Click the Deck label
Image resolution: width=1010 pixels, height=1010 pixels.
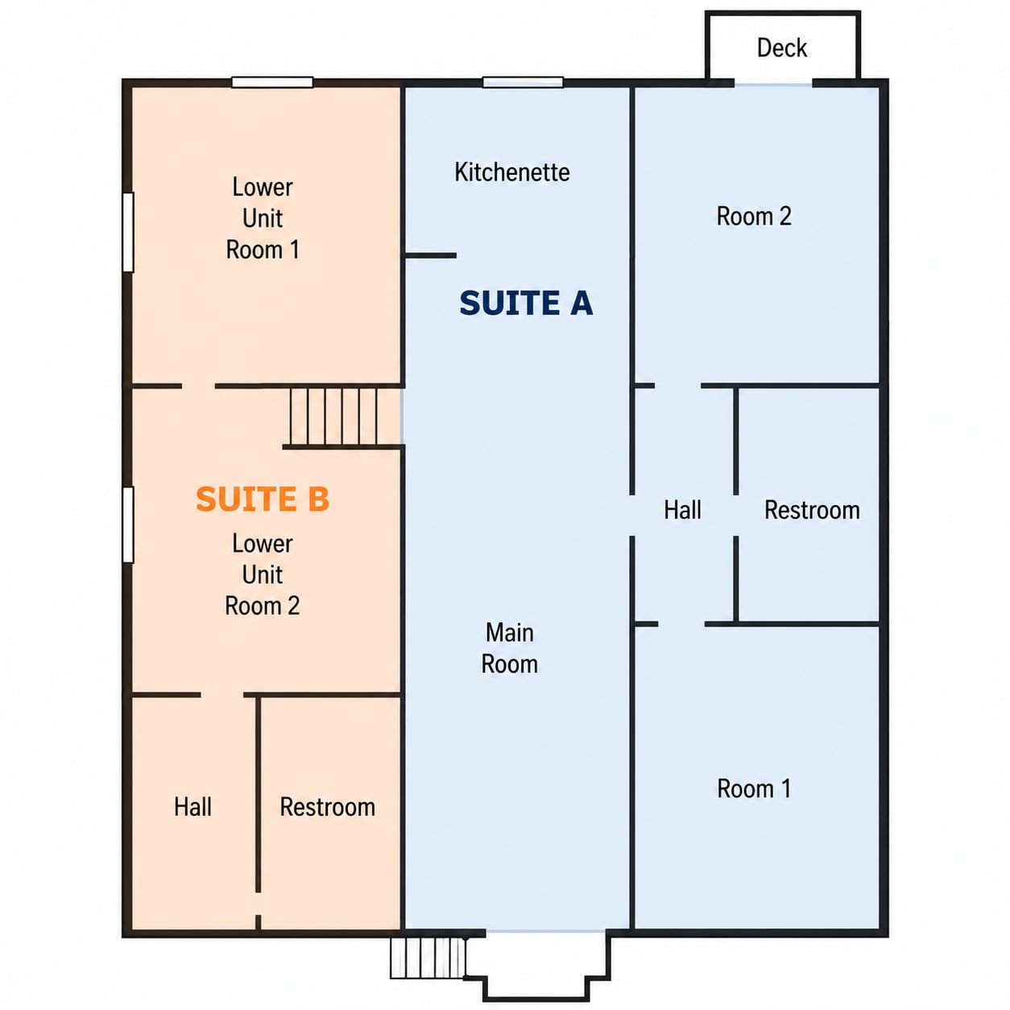781,48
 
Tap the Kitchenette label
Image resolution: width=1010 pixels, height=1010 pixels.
511,172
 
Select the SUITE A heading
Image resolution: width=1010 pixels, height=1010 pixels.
526,303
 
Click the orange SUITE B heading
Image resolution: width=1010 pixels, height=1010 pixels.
262,499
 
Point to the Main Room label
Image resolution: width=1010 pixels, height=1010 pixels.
510,648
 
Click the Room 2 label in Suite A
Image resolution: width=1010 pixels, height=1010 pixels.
754,216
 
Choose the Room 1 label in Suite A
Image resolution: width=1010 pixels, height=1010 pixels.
754,789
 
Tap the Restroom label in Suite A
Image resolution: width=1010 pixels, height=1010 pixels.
812,510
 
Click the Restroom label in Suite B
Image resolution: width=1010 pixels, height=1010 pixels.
328,807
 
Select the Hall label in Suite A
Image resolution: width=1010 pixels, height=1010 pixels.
682,510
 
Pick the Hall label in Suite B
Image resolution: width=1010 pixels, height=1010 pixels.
192,807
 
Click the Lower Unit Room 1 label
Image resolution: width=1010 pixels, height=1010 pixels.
262,218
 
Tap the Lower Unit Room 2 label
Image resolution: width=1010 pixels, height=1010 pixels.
262,574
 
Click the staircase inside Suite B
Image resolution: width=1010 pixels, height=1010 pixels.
334,416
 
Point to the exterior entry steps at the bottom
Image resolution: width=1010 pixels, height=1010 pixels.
428,958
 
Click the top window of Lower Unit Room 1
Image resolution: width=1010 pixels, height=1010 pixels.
272,82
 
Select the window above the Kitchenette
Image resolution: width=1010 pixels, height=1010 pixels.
523,82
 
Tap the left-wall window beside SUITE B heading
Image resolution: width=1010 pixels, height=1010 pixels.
128,524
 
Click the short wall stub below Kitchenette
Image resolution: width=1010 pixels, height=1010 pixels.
430,256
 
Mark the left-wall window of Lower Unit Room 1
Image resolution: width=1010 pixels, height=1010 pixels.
128,232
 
